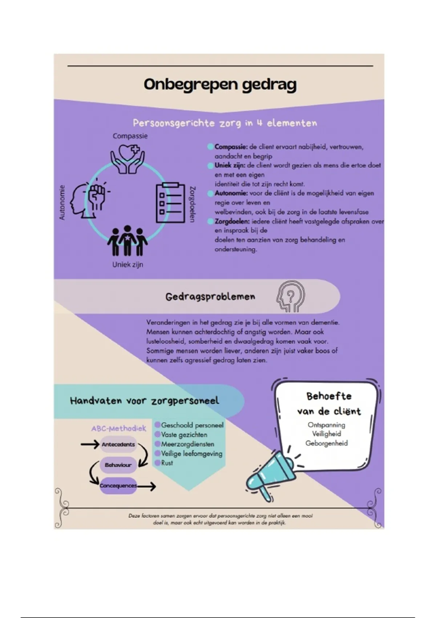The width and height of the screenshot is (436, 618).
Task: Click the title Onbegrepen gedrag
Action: click(x=220, y=84)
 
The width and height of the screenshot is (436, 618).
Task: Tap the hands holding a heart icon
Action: click(x=128, y=159)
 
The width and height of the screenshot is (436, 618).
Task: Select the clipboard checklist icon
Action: click(x=168, y=202)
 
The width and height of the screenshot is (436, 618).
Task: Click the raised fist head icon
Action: click(x=89, y=199)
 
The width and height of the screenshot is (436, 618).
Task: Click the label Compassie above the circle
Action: click(x=130, y=136)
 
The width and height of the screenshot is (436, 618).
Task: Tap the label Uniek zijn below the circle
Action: click(x=128, y=265)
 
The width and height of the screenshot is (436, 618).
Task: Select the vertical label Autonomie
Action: click(x=62, y=202)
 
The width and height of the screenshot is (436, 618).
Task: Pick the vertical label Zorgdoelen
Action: click(x=193, y=204)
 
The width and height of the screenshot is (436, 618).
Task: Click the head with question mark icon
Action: click(x=290, y=296)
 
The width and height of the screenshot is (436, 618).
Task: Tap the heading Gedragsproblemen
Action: click(x=210, y=297)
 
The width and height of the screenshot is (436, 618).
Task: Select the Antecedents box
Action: click(x=118, y=445)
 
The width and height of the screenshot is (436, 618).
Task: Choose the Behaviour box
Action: click(x=118, y=465)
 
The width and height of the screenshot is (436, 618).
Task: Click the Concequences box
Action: click(x=118, y=486)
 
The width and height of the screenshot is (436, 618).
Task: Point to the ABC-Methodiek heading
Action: click(x=118, y=428)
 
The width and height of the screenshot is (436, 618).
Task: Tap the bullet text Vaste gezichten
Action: click(x=184, y=435)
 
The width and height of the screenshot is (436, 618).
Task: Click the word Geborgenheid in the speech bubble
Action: click(x=326, y=444)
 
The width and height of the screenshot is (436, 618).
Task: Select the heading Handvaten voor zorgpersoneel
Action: click(x=145, y=401)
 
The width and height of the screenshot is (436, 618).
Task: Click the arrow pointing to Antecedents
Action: click(x=90, y=444)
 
